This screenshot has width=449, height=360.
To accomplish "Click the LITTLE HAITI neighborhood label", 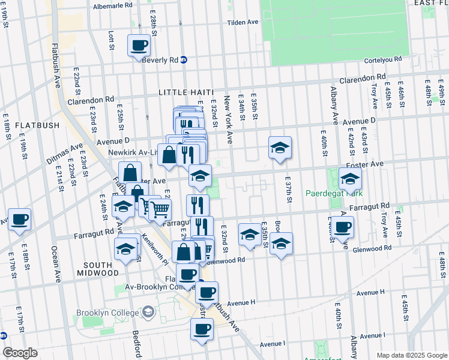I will [x=186, y=92].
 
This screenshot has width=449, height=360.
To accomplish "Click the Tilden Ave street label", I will [x=243, y=22].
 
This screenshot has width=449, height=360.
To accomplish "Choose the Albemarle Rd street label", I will [x=113, y=5].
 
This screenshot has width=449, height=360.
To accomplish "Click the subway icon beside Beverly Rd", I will [x=184, y=60].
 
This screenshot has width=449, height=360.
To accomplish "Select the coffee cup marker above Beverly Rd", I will [x=139, y=45].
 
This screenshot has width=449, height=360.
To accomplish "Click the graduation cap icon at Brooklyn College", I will [x=148, y=312].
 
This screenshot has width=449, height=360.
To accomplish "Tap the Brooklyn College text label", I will [x=108, y=313].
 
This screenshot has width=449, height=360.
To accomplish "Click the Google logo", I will [x=20, y=353].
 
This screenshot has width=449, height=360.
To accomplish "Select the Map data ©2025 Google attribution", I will [x=411, y=355].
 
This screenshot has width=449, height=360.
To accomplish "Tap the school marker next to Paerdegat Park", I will [x=350, y=178].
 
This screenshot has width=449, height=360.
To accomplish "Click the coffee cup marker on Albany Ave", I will [x=343, y=227].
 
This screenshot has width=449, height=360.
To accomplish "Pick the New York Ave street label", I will [x=228, y=119].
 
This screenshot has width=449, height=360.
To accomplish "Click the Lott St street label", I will [x=111, y=40].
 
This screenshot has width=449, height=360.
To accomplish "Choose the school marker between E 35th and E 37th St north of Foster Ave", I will [x=280, y=148].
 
